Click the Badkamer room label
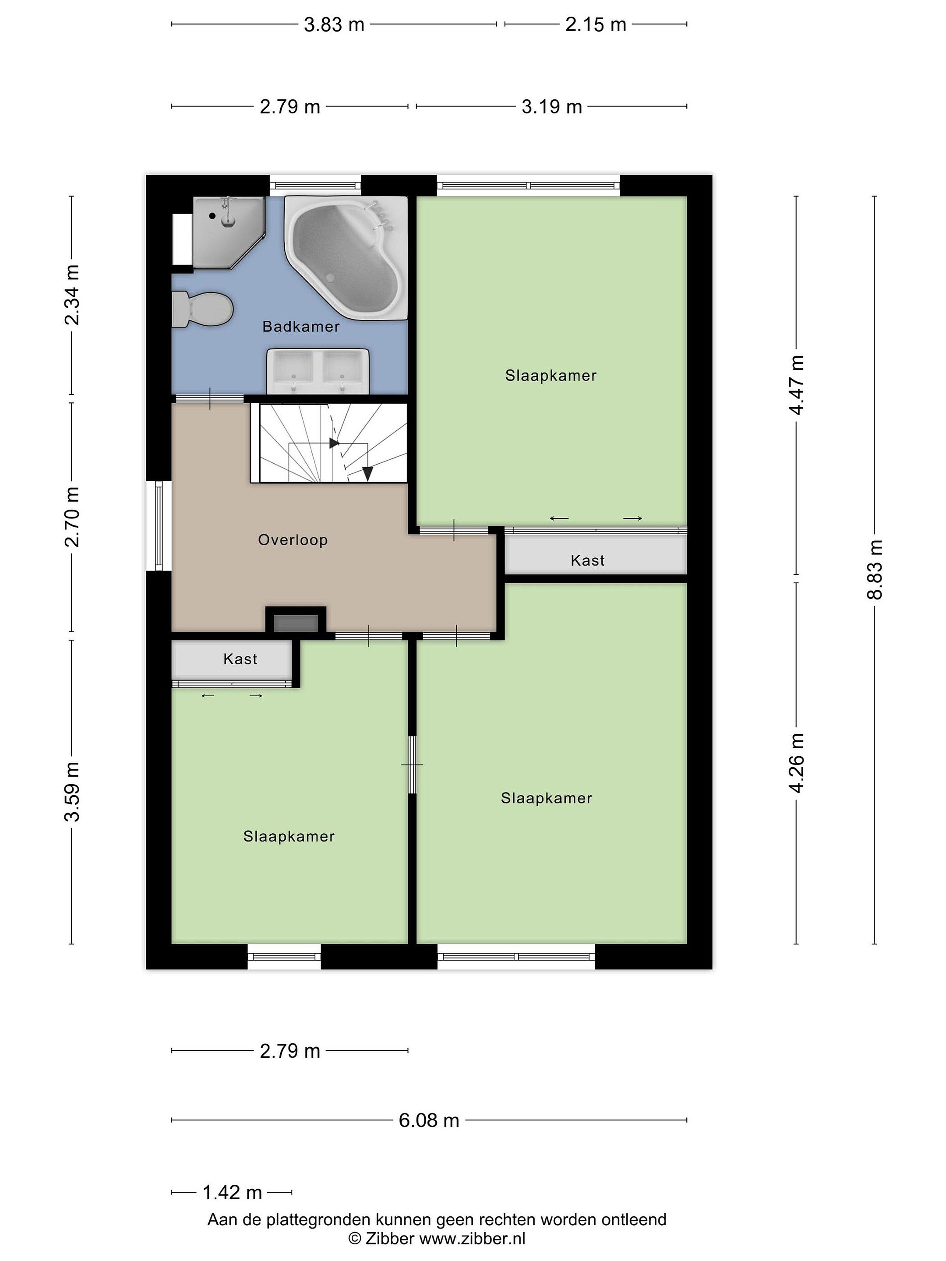click(x=300, y=327)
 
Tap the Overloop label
click(x=293, y=540)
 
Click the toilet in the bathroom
click(x=202, y=309)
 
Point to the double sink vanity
click(x=318, y=371)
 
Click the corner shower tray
click(x=228, y=232)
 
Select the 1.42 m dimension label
click(x=232, y=1191)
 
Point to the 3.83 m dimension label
click(x=334, y=25)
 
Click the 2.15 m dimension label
click(x=596, y=25)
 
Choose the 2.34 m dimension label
click(x=72, y=295)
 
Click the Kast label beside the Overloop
click(x=587, y=560)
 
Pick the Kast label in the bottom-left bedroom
click(x=240, y=659)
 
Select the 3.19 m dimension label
click(x=551, y=106)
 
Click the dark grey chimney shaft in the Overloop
click(x=296, y=623)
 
